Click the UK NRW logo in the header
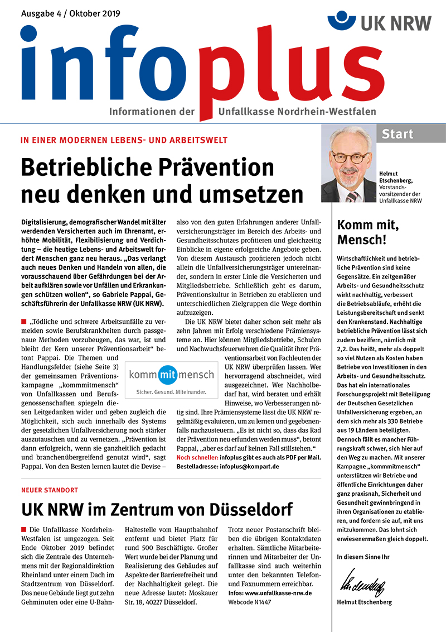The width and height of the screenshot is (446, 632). click(x=380, y=22)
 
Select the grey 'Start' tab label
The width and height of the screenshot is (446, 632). click(x=397, y=134)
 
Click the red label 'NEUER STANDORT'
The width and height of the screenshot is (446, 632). click(x=49, y=490)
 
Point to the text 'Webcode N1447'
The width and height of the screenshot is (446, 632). click(x=249, y=603)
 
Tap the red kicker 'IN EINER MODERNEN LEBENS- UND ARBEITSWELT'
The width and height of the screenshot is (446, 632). click(x=124, y=140)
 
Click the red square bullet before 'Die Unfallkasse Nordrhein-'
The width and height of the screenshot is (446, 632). click(x=24, y=529)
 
